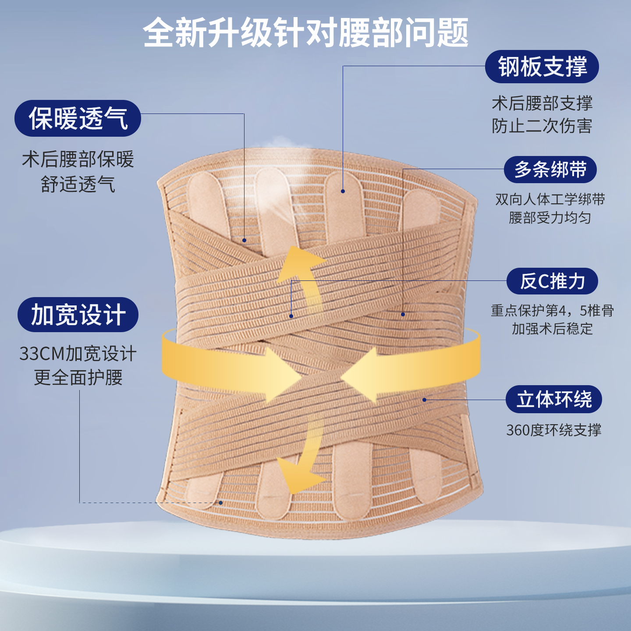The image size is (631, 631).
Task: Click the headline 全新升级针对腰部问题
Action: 306,33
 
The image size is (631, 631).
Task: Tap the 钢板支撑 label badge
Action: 542,67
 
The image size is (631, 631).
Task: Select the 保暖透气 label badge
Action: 78,118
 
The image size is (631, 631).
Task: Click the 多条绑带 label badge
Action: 550,170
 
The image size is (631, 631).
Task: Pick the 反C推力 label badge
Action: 552,281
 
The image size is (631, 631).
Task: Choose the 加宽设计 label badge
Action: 78,315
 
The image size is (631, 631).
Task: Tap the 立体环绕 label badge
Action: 553,399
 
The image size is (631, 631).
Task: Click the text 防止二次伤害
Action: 542,126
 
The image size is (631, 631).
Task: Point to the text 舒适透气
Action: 78,184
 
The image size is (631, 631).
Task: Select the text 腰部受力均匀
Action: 550,218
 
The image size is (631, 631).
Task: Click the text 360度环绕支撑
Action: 553,430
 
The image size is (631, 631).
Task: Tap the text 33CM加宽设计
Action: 78,354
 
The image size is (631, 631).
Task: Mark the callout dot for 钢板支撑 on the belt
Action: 343,191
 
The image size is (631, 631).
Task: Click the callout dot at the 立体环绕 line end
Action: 424,400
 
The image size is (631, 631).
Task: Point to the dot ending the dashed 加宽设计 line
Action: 221,503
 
